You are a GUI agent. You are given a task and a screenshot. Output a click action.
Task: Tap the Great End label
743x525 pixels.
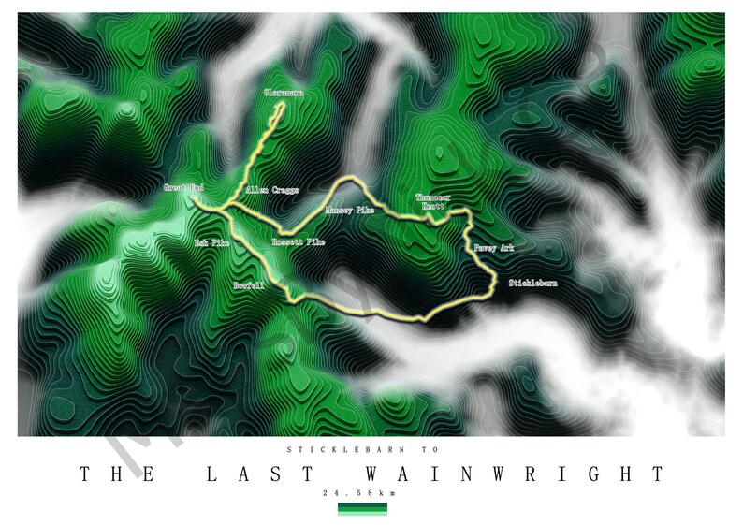pos(183,188)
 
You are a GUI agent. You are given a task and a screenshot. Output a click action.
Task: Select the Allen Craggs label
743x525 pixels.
pos(271,190)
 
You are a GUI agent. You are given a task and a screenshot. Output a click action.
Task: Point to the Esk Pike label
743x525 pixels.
pos(211,242)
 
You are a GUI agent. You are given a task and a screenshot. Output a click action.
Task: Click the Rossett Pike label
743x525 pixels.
pos(298,242)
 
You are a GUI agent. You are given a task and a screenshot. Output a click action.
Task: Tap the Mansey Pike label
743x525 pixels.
pos(349,211)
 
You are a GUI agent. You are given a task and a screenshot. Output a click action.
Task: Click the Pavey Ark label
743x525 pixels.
pos(493,248)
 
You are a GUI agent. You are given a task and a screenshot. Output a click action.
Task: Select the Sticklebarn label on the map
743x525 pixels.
pos(532,282)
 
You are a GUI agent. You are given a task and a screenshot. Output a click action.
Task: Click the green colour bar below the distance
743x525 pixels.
pos(362,509)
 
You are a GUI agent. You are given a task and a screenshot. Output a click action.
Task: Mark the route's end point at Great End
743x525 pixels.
pos(199,198)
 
